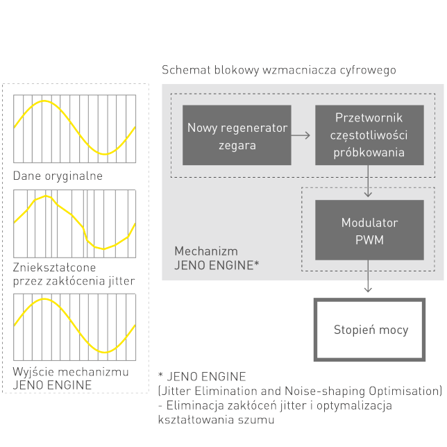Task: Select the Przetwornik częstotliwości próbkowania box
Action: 369,135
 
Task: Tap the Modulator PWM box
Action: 369,231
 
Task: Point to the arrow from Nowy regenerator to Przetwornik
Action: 301,136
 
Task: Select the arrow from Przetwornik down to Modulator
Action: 369,182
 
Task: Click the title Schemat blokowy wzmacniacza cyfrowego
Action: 278,70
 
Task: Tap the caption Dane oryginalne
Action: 58,176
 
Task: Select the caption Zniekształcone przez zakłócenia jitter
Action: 74,274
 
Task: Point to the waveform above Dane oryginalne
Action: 74,125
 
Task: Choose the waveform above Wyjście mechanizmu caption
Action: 74,324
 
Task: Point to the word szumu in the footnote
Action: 257,419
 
